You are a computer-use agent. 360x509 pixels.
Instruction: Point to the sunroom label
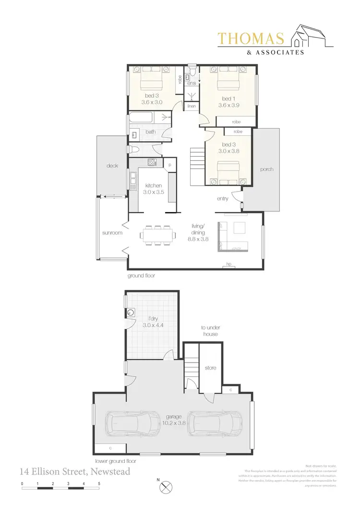[x=113, y=233]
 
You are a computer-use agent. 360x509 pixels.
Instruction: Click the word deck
[x=112, y=166]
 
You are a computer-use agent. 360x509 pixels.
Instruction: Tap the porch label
[x=266, y=170]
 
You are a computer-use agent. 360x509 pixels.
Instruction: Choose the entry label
[x=223, y=198]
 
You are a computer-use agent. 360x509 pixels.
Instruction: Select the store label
[x=210, y=368]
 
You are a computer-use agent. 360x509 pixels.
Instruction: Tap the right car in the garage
[x=215, y=423]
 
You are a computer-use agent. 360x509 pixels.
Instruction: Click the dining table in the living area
[x=158, y=236]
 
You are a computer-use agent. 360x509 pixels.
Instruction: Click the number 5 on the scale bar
[x=99, y=484]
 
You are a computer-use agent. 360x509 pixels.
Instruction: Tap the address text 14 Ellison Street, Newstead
[x=75, y=472]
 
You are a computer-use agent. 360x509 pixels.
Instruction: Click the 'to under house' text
[x=210, y=331]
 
